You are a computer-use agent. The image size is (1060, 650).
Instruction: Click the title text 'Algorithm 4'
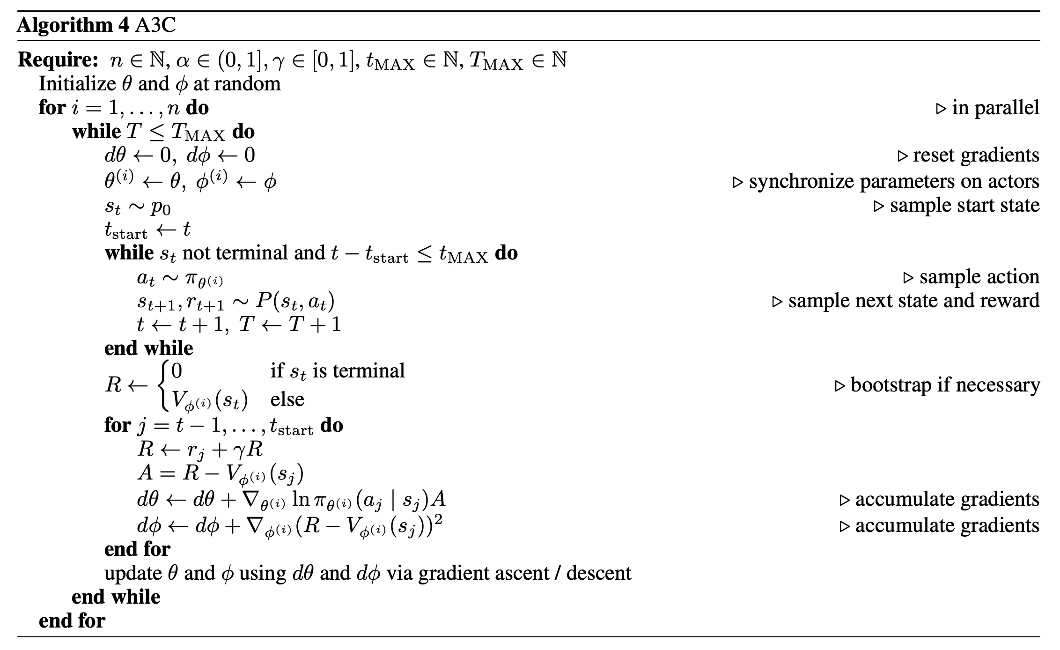[x=73, y=25]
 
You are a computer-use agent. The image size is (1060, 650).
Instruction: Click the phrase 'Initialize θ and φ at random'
[x=160, y=84]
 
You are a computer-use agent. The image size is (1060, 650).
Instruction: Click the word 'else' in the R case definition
[x=287, y=399]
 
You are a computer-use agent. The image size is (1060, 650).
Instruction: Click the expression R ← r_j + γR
[x=200, y=450]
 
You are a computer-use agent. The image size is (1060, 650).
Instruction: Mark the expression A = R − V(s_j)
[x=220, y=473]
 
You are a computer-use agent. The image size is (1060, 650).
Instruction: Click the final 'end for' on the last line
[x=72, y=621]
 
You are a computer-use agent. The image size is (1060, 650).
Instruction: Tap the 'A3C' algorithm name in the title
[x=155, y=25]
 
